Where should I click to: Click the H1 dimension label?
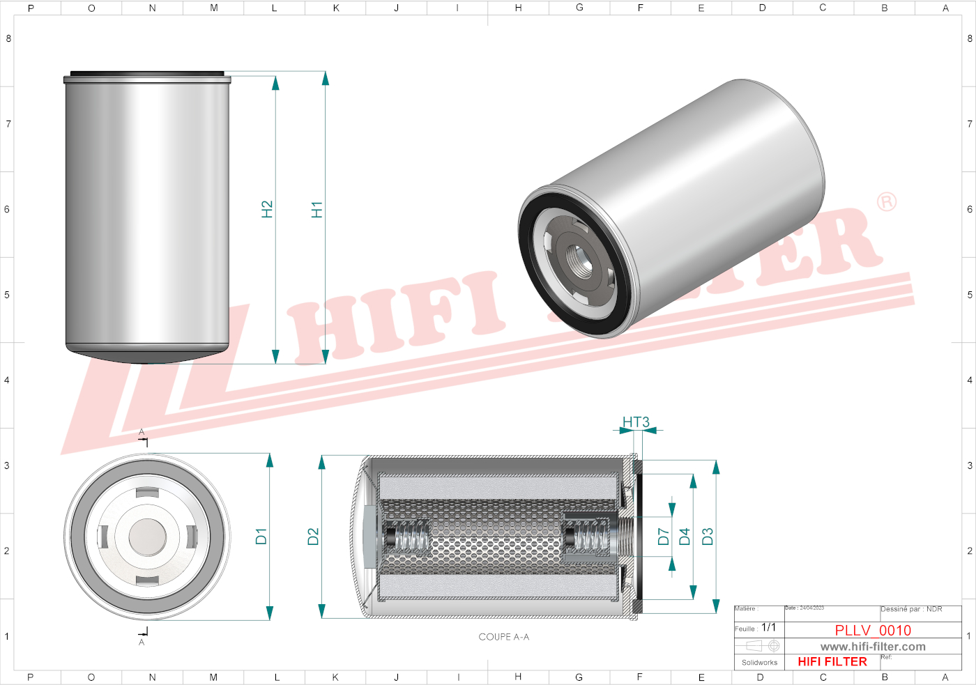point(317,210)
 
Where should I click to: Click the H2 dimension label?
point(267,209)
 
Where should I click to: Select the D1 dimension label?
point(261,536)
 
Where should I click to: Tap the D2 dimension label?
point(313,536)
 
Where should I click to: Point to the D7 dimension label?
point(663,536)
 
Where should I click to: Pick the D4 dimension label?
point(685,536)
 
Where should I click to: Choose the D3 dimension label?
point(708,536)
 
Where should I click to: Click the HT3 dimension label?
point(636,422)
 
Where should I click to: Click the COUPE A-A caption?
point(503,637)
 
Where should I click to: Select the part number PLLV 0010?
point(873,630)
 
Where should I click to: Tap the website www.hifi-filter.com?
point(873,647)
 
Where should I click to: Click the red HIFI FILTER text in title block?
point(832,662)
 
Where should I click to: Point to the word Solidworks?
point(759,663)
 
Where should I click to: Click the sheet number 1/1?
point(768,627)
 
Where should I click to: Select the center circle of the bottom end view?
point(148,537)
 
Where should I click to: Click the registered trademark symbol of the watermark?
point(887,202)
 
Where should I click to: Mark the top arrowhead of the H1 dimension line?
point(325,78)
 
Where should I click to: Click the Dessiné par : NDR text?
point(911,609)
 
